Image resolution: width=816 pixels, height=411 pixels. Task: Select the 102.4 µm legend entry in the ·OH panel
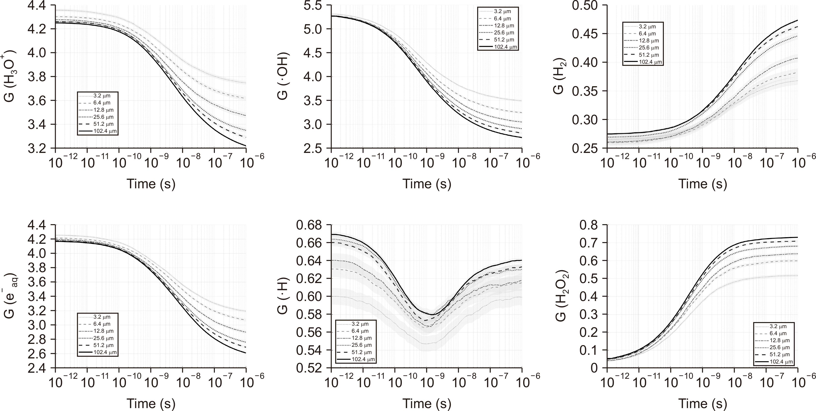498,47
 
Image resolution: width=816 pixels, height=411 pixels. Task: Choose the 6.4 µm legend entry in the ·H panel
356,331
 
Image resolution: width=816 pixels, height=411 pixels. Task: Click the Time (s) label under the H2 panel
703,184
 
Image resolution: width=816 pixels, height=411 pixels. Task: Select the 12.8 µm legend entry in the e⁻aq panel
98,331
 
